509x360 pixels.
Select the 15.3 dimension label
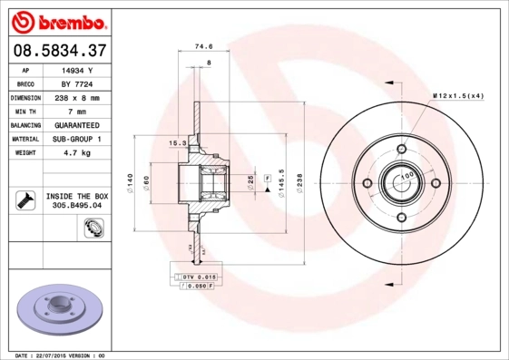pyautogui.click(x=178, y=142)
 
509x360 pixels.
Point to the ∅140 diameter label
pyautogui.click(x=131, y=184)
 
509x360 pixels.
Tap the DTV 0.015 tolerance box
pyautogui.click(x=195, y=276)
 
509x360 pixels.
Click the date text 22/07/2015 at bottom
pyautogui.click(x=60, y=355)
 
